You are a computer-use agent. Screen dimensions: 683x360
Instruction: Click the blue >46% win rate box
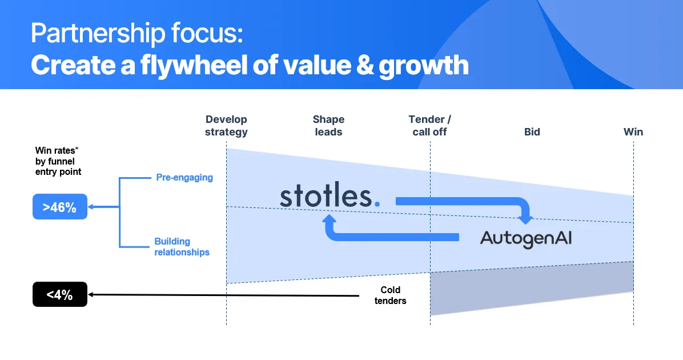(60, 207)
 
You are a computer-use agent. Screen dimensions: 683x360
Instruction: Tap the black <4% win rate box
(60, 295)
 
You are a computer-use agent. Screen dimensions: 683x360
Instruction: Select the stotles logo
(330, 196)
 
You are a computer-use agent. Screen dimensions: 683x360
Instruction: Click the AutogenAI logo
(526, 239)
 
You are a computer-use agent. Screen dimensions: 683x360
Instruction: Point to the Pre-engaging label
(184, 177)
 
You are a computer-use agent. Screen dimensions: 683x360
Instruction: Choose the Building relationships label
(182, 247)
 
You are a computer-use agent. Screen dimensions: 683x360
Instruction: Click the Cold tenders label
(390, 295)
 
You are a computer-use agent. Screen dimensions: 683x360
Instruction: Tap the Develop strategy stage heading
(227, 126)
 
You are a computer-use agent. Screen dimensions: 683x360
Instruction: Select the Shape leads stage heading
(328, 126)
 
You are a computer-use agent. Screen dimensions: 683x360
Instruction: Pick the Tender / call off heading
(430, 126)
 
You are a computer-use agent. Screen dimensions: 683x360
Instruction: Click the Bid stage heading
(532, 131)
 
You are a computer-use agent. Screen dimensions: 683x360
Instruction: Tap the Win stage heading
(633, 131)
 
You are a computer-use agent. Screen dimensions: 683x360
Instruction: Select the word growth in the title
(424, 65)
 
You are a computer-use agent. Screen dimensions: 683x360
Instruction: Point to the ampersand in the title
(364, 65)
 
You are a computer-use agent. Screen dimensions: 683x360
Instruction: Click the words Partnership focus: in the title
(137, 34)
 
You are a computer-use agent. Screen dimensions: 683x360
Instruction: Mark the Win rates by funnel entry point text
(58, 161)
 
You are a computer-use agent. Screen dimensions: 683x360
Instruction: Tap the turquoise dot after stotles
(377, 203)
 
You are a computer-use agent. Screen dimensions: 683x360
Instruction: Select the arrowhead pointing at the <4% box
(91, 295)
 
